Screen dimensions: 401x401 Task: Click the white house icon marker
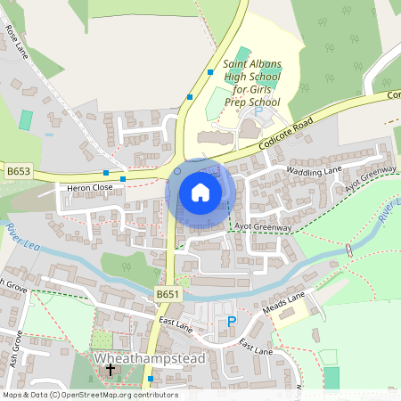[x=200, y=192]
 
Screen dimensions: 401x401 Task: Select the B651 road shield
[x=166, y=293]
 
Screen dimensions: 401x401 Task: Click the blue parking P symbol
[x=233, y=322]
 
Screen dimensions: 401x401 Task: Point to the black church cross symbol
[x=110, y=369]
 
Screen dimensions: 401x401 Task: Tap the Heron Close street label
[x=86, y=188]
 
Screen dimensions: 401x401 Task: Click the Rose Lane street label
[x=15, y=40]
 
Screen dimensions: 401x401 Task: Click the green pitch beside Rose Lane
[x=26, y=119]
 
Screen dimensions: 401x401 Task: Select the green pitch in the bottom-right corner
[x=331, y=377]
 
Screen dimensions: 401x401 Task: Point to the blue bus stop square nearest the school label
[x=210, y=71]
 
